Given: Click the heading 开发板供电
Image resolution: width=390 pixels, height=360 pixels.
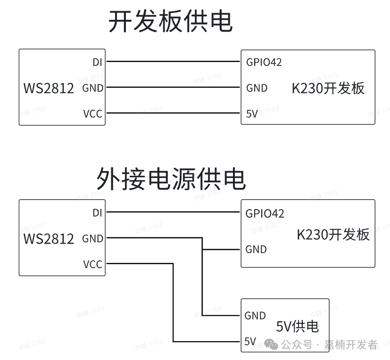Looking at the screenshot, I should (x=171, y=21).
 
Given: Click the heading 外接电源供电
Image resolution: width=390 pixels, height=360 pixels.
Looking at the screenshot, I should (x=171, y=179).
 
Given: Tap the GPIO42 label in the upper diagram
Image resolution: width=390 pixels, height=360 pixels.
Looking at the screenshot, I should (x=264, y=62).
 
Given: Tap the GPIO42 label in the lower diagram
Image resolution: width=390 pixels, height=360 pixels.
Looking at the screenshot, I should (x=265, y=213).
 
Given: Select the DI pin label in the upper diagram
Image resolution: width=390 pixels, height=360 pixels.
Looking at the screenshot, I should (x=97, y=62).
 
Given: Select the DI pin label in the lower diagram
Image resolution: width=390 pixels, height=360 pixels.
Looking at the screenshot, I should (x=97, y=213).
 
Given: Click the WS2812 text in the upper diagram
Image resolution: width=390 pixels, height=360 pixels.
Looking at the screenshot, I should (x=49, y=88).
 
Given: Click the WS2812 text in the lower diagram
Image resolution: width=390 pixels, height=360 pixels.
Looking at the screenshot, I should (x=49, y=238).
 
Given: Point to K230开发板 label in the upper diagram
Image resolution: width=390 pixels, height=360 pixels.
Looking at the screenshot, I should (x=328, y=88).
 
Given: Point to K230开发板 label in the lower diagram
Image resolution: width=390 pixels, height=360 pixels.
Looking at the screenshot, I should (x=333, y=234).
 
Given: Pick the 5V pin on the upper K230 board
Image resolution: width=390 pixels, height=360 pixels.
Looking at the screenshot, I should (x=252, y=114).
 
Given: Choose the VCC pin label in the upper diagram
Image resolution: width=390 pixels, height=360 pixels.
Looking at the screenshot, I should (x=92, y=114).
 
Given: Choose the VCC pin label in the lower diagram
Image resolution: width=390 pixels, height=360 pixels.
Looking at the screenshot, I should (x=92, y=264).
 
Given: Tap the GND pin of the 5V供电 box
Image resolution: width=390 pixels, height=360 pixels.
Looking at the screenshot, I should (x=255, y=316).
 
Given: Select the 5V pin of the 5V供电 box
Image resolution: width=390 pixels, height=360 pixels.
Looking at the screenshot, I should (x=250, y=341).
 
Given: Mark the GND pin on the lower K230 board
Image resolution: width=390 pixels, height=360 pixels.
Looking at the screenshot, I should (x=256, y=249).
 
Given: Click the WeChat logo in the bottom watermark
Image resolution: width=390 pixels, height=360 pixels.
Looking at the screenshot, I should (x=271, y=344).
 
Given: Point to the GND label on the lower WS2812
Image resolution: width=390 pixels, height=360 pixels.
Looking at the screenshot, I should (x=92, y=239).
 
